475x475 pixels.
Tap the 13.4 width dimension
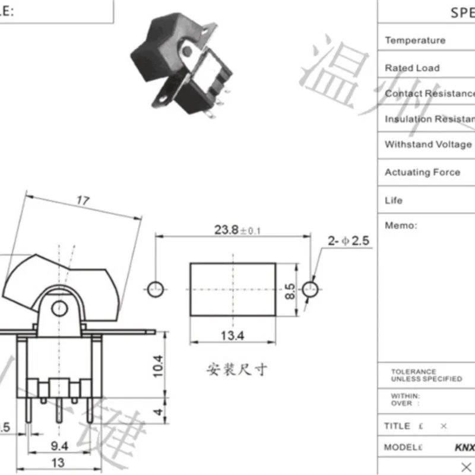(232, 337)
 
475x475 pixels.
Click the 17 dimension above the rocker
(83, 201)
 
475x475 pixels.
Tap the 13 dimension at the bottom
(58, 463)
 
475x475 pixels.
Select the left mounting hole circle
(154, 290)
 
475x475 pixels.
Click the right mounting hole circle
(310, 290)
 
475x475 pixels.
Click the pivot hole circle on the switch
(58, 308)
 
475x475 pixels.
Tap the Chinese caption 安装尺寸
(236, 369)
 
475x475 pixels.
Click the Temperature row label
(414, 40)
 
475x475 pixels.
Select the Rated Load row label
(412, 68)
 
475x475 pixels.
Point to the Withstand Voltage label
(428, 144)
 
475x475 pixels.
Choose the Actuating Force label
(422, 172)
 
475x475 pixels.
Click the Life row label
(393, 200)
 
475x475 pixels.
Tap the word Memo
(401, 225)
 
